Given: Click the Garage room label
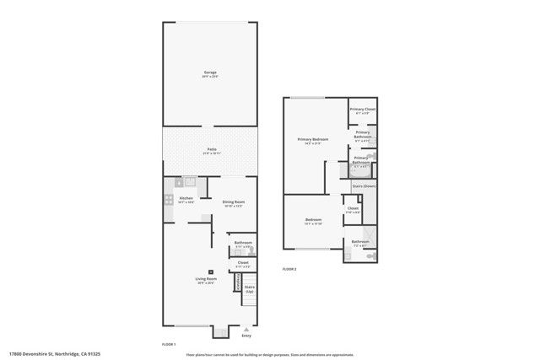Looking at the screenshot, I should pos(209,73).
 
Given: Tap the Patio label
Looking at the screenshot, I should pos(209,150).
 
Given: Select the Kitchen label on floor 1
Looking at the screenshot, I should pos(186,199).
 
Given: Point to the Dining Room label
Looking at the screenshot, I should pos(234,201).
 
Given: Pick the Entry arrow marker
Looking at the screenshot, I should pos(246,329).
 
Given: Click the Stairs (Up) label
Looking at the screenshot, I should pos(250,289).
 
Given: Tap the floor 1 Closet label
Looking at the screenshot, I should pos(242,262).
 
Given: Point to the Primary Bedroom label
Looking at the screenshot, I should pos(312,139).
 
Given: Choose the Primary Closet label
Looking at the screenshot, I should pos(364,110).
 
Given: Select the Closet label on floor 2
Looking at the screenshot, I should pos(353,208).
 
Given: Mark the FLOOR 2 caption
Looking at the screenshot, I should pos(289,269).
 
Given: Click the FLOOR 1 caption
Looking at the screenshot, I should pos(168,345).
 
